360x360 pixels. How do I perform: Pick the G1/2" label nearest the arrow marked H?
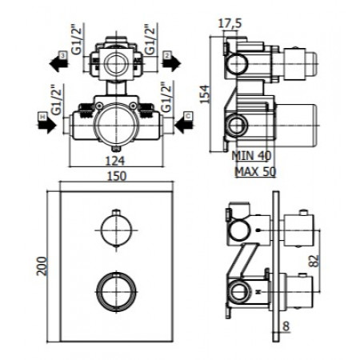[58, 100]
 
